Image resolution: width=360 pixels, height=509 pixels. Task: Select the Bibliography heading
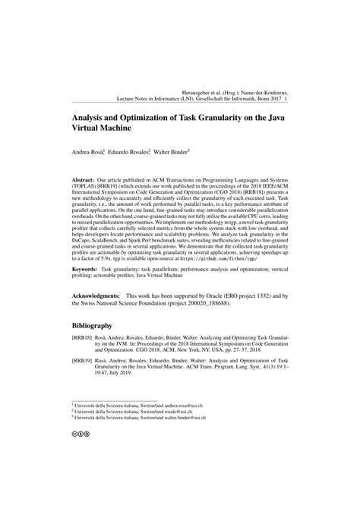[x=97, y=346]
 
